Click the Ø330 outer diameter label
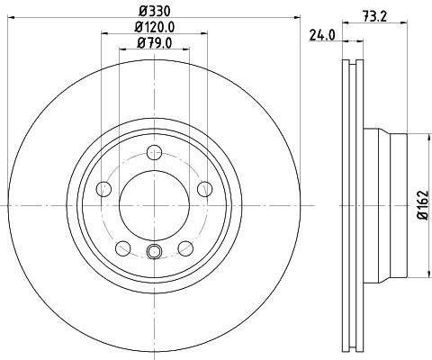(x=154, y=12)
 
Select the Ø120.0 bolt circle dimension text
(x=154, y=27)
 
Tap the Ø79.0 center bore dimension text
(x=154, y=42)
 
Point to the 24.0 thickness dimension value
(x=321, y=36)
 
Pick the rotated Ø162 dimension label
(x=421, y=205)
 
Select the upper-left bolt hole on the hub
(x=103, y=189)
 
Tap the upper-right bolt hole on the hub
(x=205, y=188)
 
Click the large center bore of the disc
(x=154, y=206)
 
